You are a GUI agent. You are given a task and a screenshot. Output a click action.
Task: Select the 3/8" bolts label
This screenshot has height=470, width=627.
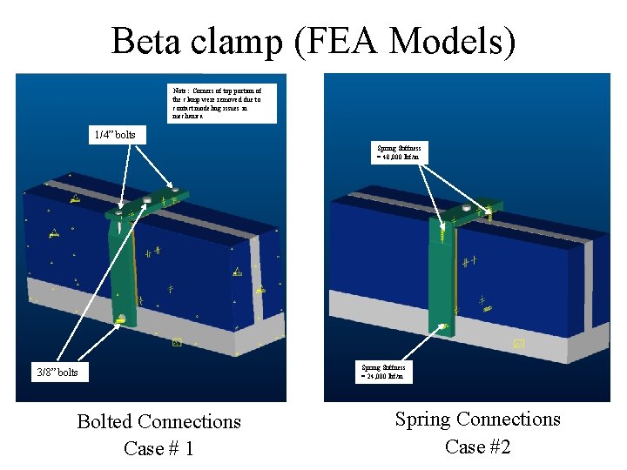click(57, 372)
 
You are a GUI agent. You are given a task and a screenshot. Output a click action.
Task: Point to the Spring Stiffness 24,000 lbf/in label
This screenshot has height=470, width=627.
click(383, 372)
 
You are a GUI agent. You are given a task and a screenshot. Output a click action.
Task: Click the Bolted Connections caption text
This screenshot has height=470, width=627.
click(158, 421)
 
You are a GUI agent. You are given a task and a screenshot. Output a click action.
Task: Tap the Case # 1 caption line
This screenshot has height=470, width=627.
click(158, 448)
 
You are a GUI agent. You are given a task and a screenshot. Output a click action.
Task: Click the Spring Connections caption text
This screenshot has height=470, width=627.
click(477, 419)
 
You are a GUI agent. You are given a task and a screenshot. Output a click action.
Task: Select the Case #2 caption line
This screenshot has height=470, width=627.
click(477, 446)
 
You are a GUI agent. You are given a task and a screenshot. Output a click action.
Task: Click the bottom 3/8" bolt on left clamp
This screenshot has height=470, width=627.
click(121, 319)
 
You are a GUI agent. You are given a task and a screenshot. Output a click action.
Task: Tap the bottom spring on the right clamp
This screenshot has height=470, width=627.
click(444, 326)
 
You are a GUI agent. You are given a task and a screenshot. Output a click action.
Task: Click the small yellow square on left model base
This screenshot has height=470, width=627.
click(176, 342)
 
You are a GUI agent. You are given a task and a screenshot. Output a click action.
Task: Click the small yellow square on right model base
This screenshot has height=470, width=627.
click(519, 344)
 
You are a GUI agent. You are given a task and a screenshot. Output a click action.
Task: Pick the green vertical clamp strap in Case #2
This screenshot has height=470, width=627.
click(442, 270)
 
